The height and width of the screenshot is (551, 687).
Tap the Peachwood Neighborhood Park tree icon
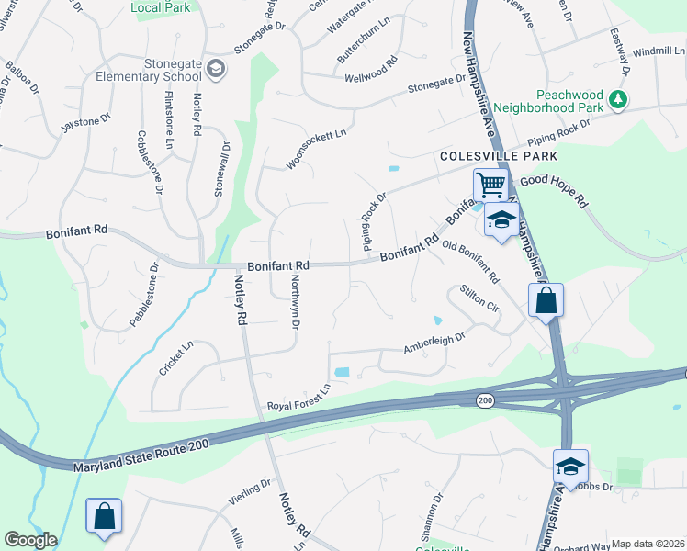point(619,99)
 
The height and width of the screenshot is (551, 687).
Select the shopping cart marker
point(490,186)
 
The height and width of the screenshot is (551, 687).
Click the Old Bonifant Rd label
point(470,261)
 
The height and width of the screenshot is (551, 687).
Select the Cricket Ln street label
point(175,358)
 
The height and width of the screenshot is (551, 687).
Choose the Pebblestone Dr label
point(144,295)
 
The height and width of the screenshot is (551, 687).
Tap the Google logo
point(31,540)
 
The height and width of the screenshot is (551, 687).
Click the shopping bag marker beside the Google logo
point(104,516)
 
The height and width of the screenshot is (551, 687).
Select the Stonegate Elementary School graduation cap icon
point(215,68)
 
